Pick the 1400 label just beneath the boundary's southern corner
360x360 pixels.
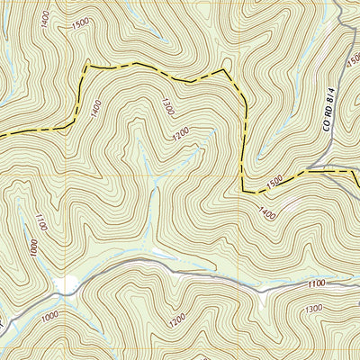[266, 213]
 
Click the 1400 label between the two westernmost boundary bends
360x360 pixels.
[96, 107]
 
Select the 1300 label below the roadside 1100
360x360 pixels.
[314, 310]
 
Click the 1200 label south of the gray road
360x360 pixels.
[176, 319]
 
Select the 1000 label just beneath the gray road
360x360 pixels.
[49, 315]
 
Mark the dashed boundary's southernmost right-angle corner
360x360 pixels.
[244, 190]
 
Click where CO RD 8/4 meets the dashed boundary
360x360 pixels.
[335, 168]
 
